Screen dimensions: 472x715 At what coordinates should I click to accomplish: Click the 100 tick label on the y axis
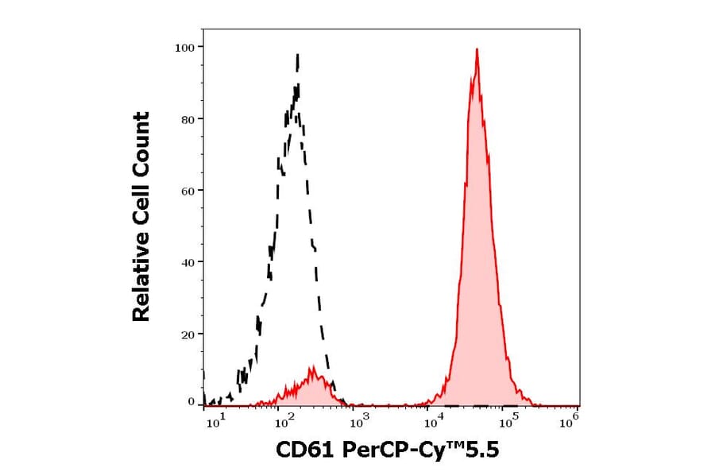pos(184,47)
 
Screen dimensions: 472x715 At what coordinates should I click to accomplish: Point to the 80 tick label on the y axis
pos(187,119)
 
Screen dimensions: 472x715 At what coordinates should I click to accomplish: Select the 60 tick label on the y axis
pos(187,191)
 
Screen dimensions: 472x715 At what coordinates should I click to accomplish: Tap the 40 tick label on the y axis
pos(187,262)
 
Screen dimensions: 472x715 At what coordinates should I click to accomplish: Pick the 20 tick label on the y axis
pos(187,334)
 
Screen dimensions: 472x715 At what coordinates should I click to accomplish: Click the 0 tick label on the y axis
pos(191,402)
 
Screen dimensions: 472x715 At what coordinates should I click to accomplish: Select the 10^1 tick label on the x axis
pos(215,422)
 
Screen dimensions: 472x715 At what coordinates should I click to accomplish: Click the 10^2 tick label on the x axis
pos(284,422)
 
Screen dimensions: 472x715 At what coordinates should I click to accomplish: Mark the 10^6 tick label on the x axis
pos(569,422)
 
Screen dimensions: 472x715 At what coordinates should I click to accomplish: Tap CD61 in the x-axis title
pos(307,451)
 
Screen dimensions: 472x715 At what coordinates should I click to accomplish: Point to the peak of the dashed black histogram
pos(297,56)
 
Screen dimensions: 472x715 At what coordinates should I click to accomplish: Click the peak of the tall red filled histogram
pos(476,50)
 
